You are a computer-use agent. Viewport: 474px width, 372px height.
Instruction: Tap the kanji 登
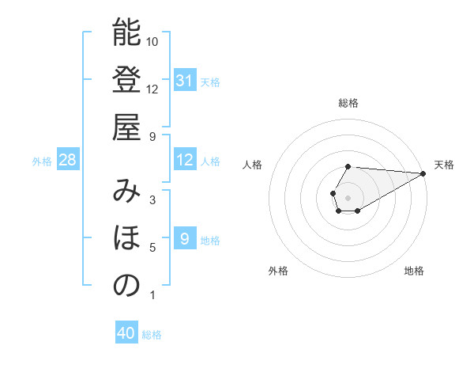[126, 80]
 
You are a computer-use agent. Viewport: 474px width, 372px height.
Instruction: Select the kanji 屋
[126, 127]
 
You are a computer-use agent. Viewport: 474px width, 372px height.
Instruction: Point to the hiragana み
[126, 191]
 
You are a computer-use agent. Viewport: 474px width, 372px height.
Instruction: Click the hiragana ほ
[126, 238]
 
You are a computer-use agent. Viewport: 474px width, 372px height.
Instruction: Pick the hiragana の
[126, 286]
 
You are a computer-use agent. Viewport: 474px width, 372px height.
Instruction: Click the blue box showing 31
[184, 81]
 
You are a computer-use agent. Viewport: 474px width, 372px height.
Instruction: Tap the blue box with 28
[68, 160]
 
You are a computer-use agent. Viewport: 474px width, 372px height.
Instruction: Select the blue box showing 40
[126, 333]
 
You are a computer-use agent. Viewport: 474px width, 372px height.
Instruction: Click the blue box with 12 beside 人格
[184, 160]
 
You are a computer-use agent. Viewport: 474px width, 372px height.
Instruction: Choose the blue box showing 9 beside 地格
[184, 239]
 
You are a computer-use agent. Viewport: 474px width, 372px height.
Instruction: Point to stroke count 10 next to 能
[152, 42]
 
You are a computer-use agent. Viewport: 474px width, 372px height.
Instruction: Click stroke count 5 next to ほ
[152, 248]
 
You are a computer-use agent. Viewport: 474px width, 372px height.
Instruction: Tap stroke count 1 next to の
[152, 295]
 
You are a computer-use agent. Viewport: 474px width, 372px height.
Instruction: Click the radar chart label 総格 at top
[348, 104]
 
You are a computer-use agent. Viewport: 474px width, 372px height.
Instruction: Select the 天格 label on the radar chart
[444, 165]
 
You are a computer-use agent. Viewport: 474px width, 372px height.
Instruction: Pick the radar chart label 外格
[278, 271]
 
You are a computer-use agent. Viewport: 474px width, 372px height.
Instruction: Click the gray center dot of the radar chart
[348, 196]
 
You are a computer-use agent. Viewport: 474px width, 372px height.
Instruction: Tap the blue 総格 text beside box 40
[152, 335]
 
